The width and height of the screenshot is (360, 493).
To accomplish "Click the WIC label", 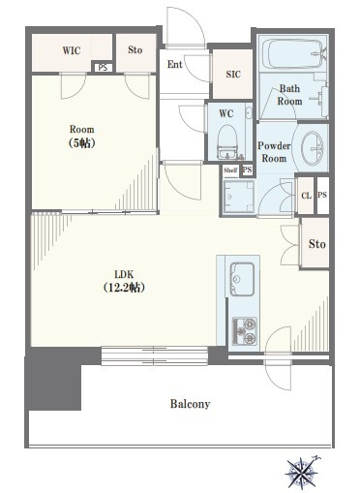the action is coord(72,50).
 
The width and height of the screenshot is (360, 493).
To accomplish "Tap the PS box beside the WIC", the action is coord(103,68).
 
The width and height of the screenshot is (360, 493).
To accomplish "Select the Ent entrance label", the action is coord(175,64).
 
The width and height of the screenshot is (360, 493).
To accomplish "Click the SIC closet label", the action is coord(233,75).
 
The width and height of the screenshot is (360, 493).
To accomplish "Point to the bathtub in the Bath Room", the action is coord(292,54).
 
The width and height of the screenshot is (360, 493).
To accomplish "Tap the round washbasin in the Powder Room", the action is coord(313,148).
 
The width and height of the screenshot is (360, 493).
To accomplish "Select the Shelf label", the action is coord(230,170).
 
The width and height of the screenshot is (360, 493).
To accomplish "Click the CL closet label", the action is coord(306,196).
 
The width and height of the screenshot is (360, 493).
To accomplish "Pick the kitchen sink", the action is coord(242,279).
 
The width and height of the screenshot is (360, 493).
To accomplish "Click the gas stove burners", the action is coord(245,331).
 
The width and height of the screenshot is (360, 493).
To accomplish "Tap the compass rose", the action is coord(302,474).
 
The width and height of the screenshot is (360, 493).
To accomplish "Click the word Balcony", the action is coord(191,404).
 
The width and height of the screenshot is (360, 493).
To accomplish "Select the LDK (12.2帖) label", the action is coord(124,281).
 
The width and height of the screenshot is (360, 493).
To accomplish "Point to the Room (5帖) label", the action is coord(82,136).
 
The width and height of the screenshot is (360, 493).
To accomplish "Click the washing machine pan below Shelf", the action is coord(239,197).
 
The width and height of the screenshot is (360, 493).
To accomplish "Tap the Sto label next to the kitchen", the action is coord(316,244).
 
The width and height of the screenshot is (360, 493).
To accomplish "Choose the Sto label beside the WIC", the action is coord(135,50).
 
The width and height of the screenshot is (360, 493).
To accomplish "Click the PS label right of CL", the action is coord(322,195).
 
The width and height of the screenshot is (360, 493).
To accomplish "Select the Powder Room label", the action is coord(274,152).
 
